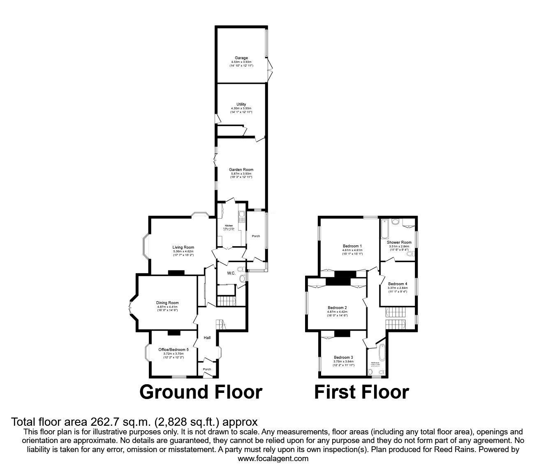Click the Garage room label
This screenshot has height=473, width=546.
point(241,58)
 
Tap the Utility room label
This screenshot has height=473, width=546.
point(241,104)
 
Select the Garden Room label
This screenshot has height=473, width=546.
point(241,169)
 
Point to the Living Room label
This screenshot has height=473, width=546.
point(183,247)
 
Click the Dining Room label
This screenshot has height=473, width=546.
point(167,303)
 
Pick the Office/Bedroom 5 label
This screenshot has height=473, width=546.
point(174,350)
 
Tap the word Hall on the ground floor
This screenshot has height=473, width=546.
point(207,338)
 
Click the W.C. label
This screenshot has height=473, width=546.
point(231,273)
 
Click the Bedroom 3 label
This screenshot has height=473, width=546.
point(343,357)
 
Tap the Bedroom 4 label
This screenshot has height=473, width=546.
point(398,284)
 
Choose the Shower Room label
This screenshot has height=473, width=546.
point(399,242)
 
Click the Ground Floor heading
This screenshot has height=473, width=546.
point(201,392)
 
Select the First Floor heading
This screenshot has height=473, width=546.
point(361,392)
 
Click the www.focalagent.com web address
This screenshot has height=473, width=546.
point(273,459)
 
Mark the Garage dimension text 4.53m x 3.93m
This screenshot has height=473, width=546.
point(241,62)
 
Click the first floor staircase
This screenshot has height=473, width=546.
point(395,318)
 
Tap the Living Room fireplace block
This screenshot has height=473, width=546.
point(176,272)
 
